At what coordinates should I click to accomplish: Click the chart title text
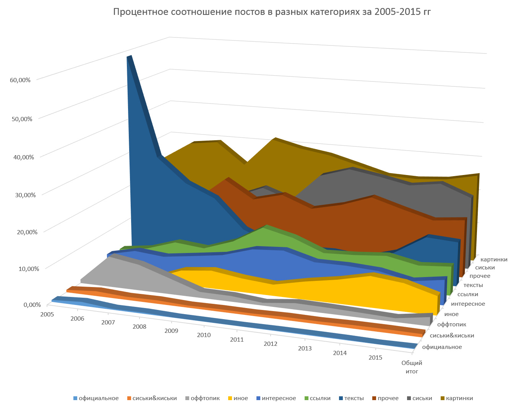(272, 12)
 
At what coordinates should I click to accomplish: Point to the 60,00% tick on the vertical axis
(21, 80)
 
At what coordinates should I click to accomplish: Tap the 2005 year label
(47, 314)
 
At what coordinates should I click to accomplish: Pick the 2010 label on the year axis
(204, 335)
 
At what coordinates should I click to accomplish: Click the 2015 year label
(375, 358)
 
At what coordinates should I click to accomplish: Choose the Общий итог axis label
(412, 367)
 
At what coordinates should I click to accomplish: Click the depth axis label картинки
(494, 259)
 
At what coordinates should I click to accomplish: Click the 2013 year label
(305, 349)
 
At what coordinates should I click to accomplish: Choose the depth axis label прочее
(480, 276)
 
